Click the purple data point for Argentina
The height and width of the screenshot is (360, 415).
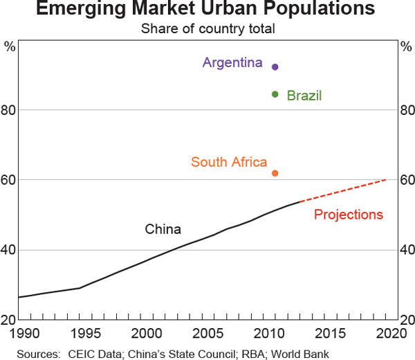tap(275, 67)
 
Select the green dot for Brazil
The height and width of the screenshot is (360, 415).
tap(275, 94)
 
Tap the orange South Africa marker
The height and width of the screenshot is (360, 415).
tap(275, 173)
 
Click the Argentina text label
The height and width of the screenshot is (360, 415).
tap(232, 63)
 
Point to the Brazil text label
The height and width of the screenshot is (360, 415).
tap(304, 96)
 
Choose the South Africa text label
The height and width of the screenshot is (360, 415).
tap(229, 163)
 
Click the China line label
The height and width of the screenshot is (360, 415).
tap(163, 229)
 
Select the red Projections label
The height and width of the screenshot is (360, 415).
tap(348, 215)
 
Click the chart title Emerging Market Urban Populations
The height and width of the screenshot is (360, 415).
tap(207, 10)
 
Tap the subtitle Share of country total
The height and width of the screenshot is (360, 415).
tap(207, 29)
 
